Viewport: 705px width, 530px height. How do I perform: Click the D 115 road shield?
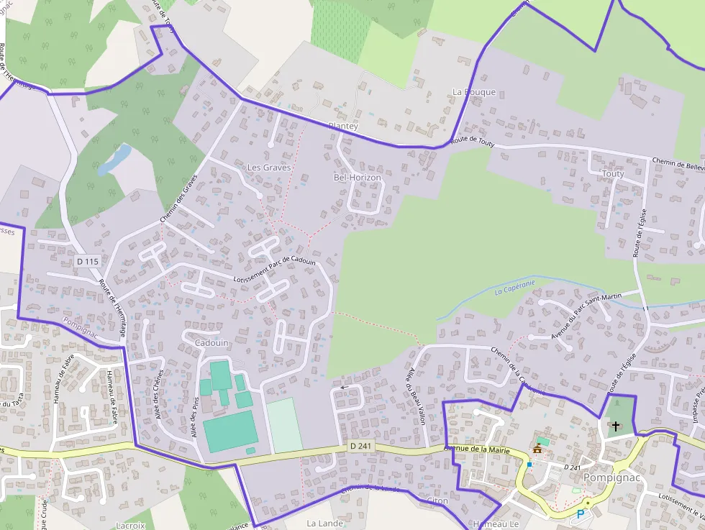tap(87, 262)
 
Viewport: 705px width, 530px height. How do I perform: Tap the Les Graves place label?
tap(269, 168)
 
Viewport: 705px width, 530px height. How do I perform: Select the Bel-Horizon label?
tap(358, 178)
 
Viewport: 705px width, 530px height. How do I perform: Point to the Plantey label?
tap(343, 127)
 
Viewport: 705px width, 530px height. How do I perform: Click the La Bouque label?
tap(474, 92)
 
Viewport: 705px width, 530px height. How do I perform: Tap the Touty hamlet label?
tap(614, 174)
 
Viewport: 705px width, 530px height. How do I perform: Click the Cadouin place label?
tap(211, 343)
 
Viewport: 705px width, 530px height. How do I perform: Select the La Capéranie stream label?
tap(515, 288)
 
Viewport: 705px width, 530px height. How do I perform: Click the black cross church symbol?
tap(615, 426)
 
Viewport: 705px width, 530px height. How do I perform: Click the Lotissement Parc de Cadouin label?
tap(275, 270)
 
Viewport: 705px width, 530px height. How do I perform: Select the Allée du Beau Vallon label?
tap(417, 396)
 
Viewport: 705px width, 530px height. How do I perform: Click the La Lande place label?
tap(324, 524)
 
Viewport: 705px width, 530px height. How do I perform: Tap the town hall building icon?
tap(537, 449)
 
